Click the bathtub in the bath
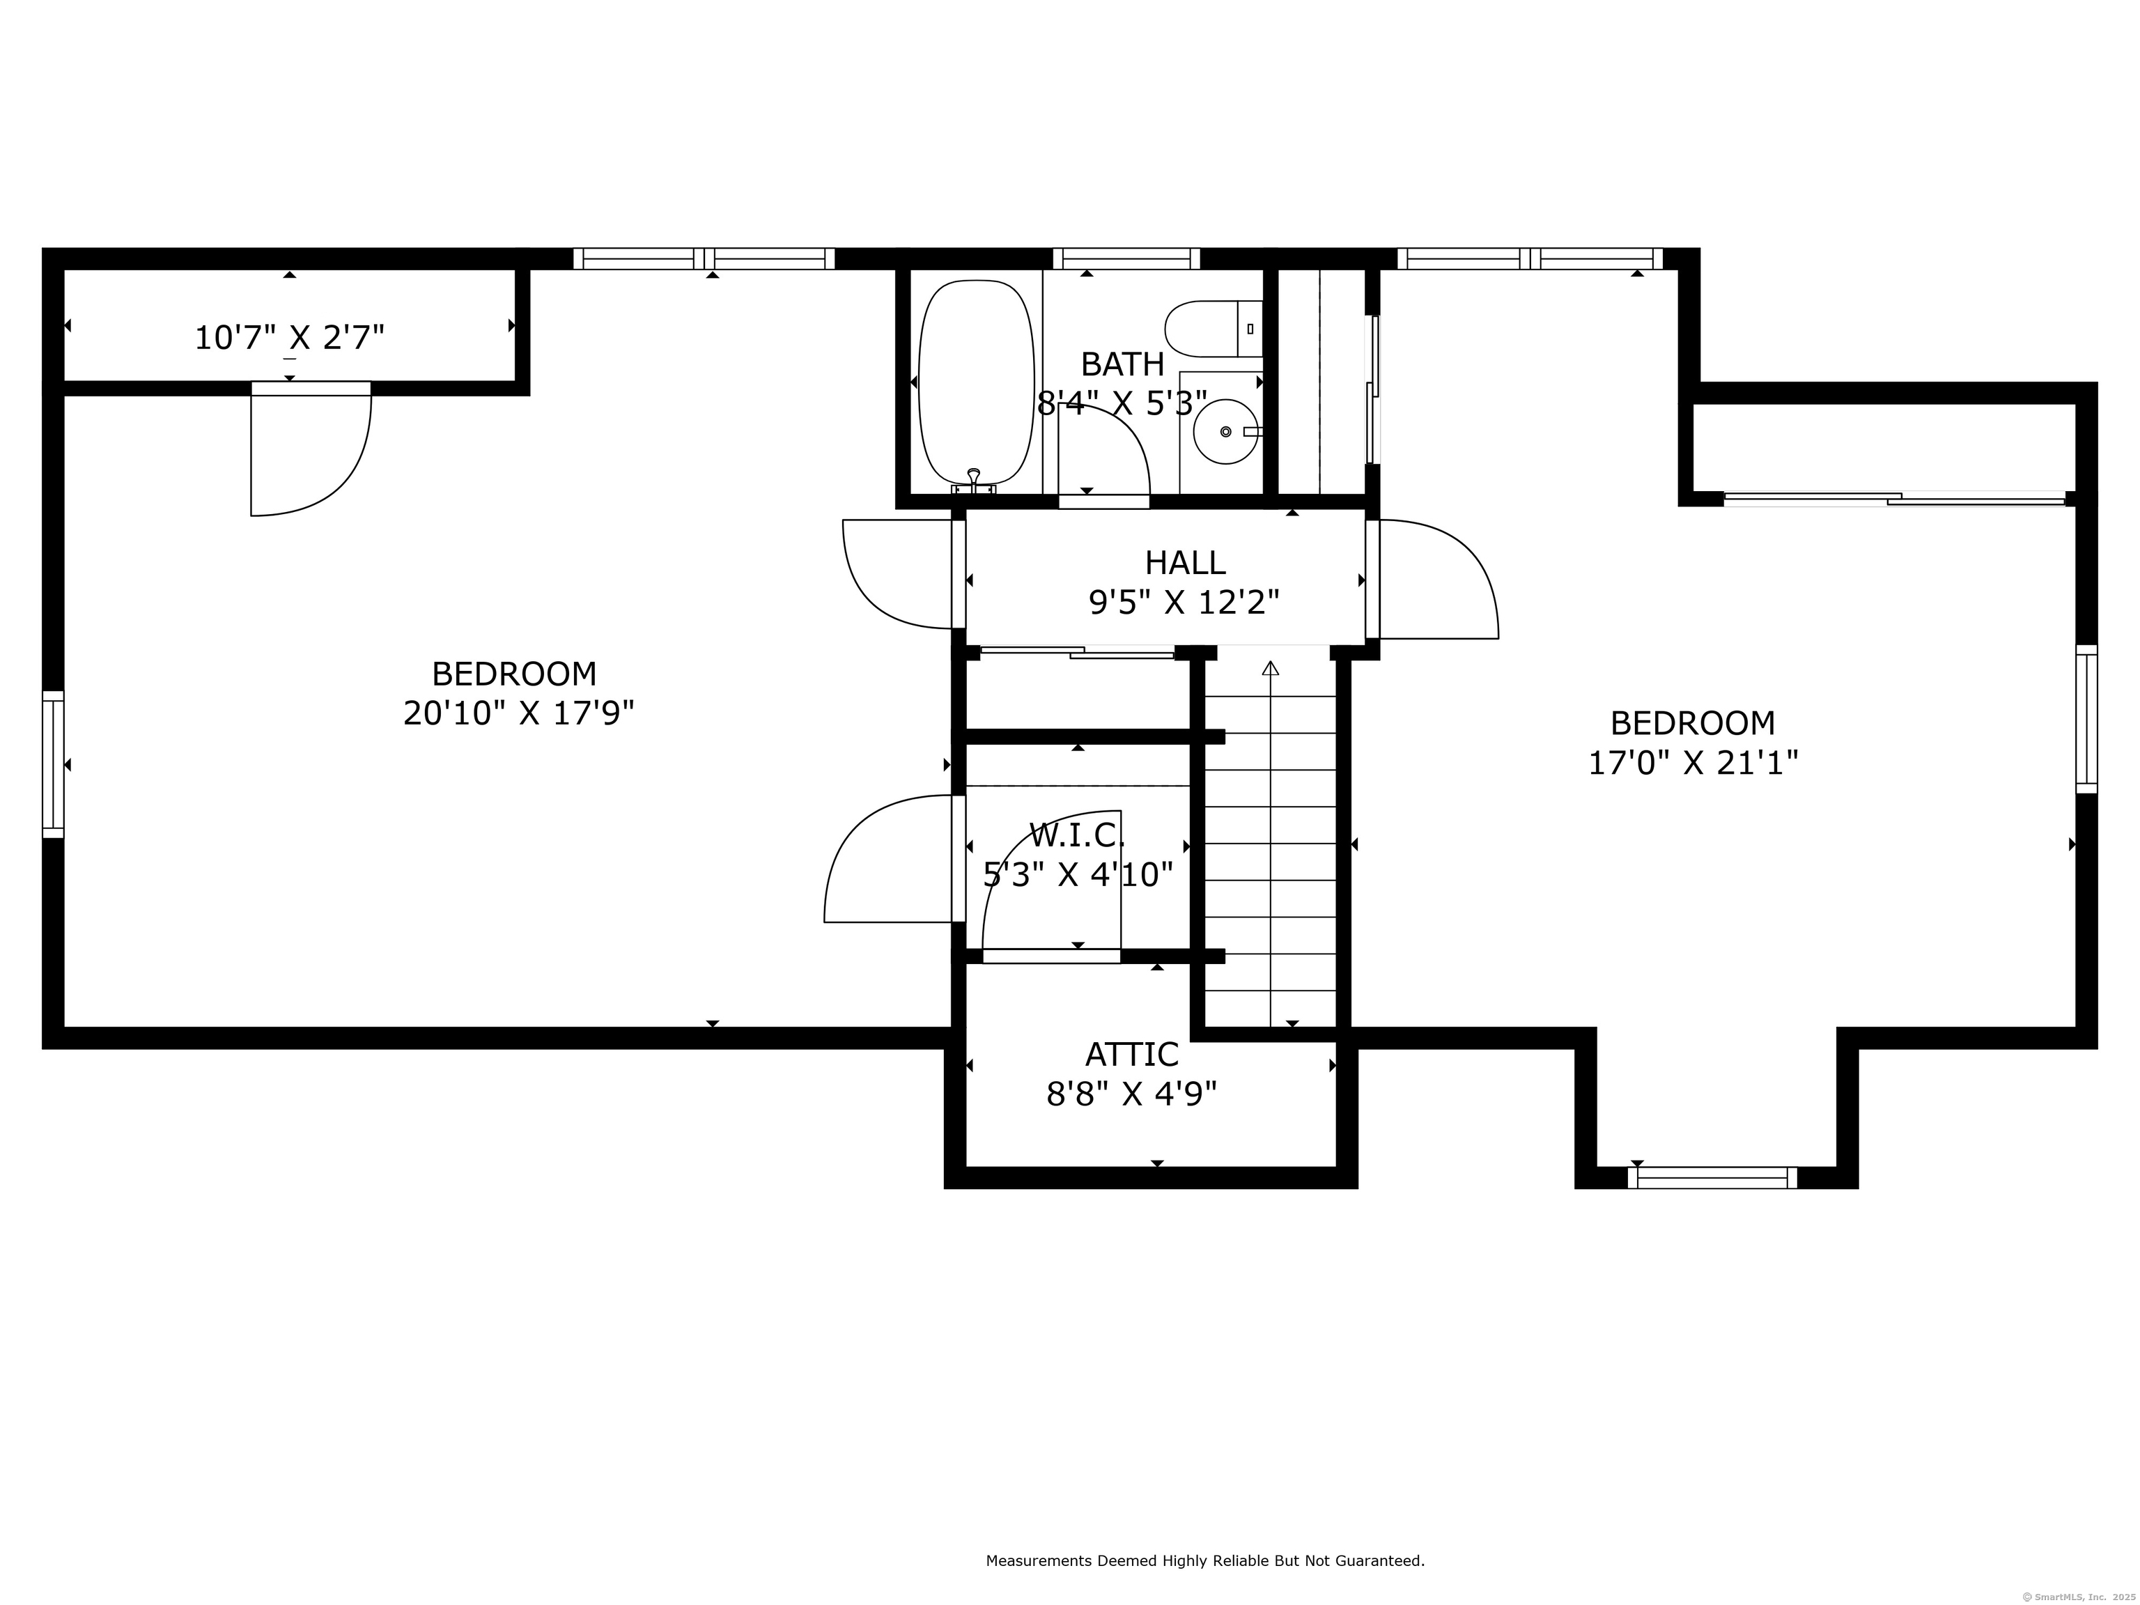[975, 382]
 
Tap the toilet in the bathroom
[1214, 329]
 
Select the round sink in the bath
[1227, 431]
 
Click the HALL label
[1185, 562]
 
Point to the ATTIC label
[1132, 1053]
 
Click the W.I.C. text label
[1078, 834]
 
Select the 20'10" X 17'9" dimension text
[518, 713]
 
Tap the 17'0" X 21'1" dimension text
[1693, 763]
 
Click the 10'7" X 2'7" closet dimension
[289, 338]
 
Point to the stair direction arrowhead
[1270, 667]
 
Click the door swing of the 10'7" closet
[334, 474]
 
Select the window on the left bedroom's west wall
[53, 764]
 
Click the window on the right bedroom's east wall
[2087, 719]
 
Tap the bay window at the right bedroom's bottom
[1712, 1177]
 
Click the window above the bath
[1126, 258]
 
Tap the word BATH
[1122, 365]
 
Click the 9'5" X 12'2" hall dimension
[1184, 603]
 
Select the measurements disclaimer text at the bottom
[1205, 1506]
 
